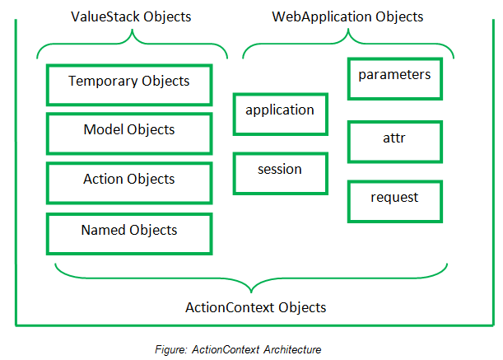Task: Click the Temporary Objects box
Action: point(129,82)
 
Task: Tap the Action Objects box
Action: point(129,180)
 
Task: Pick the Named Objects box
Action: point(129,231)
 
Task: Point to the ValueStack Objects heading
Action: point(133,16)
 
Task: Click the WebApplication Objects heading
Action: point(347,16)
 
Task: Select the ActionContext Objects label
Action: point(255,307)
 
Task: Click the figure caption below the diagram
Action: point(252,349)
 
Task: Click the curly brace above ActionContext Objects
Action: point(252,278)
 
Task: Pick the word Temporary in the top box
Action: point(99,82)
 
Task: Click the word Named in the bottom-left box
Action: point(100,230)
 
